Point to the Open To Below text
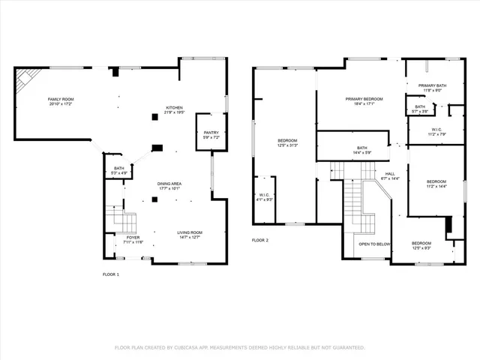[x=373, y=244]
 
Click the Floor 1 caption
[x=111, y=274]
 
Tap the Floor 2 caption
[x=260, y=240]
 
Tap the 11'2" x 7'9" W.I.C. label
[x=436, y=132]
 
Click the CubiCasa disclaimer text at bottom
[x=239, y=347]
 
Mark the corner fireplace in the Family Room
[x=27, y=76]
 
